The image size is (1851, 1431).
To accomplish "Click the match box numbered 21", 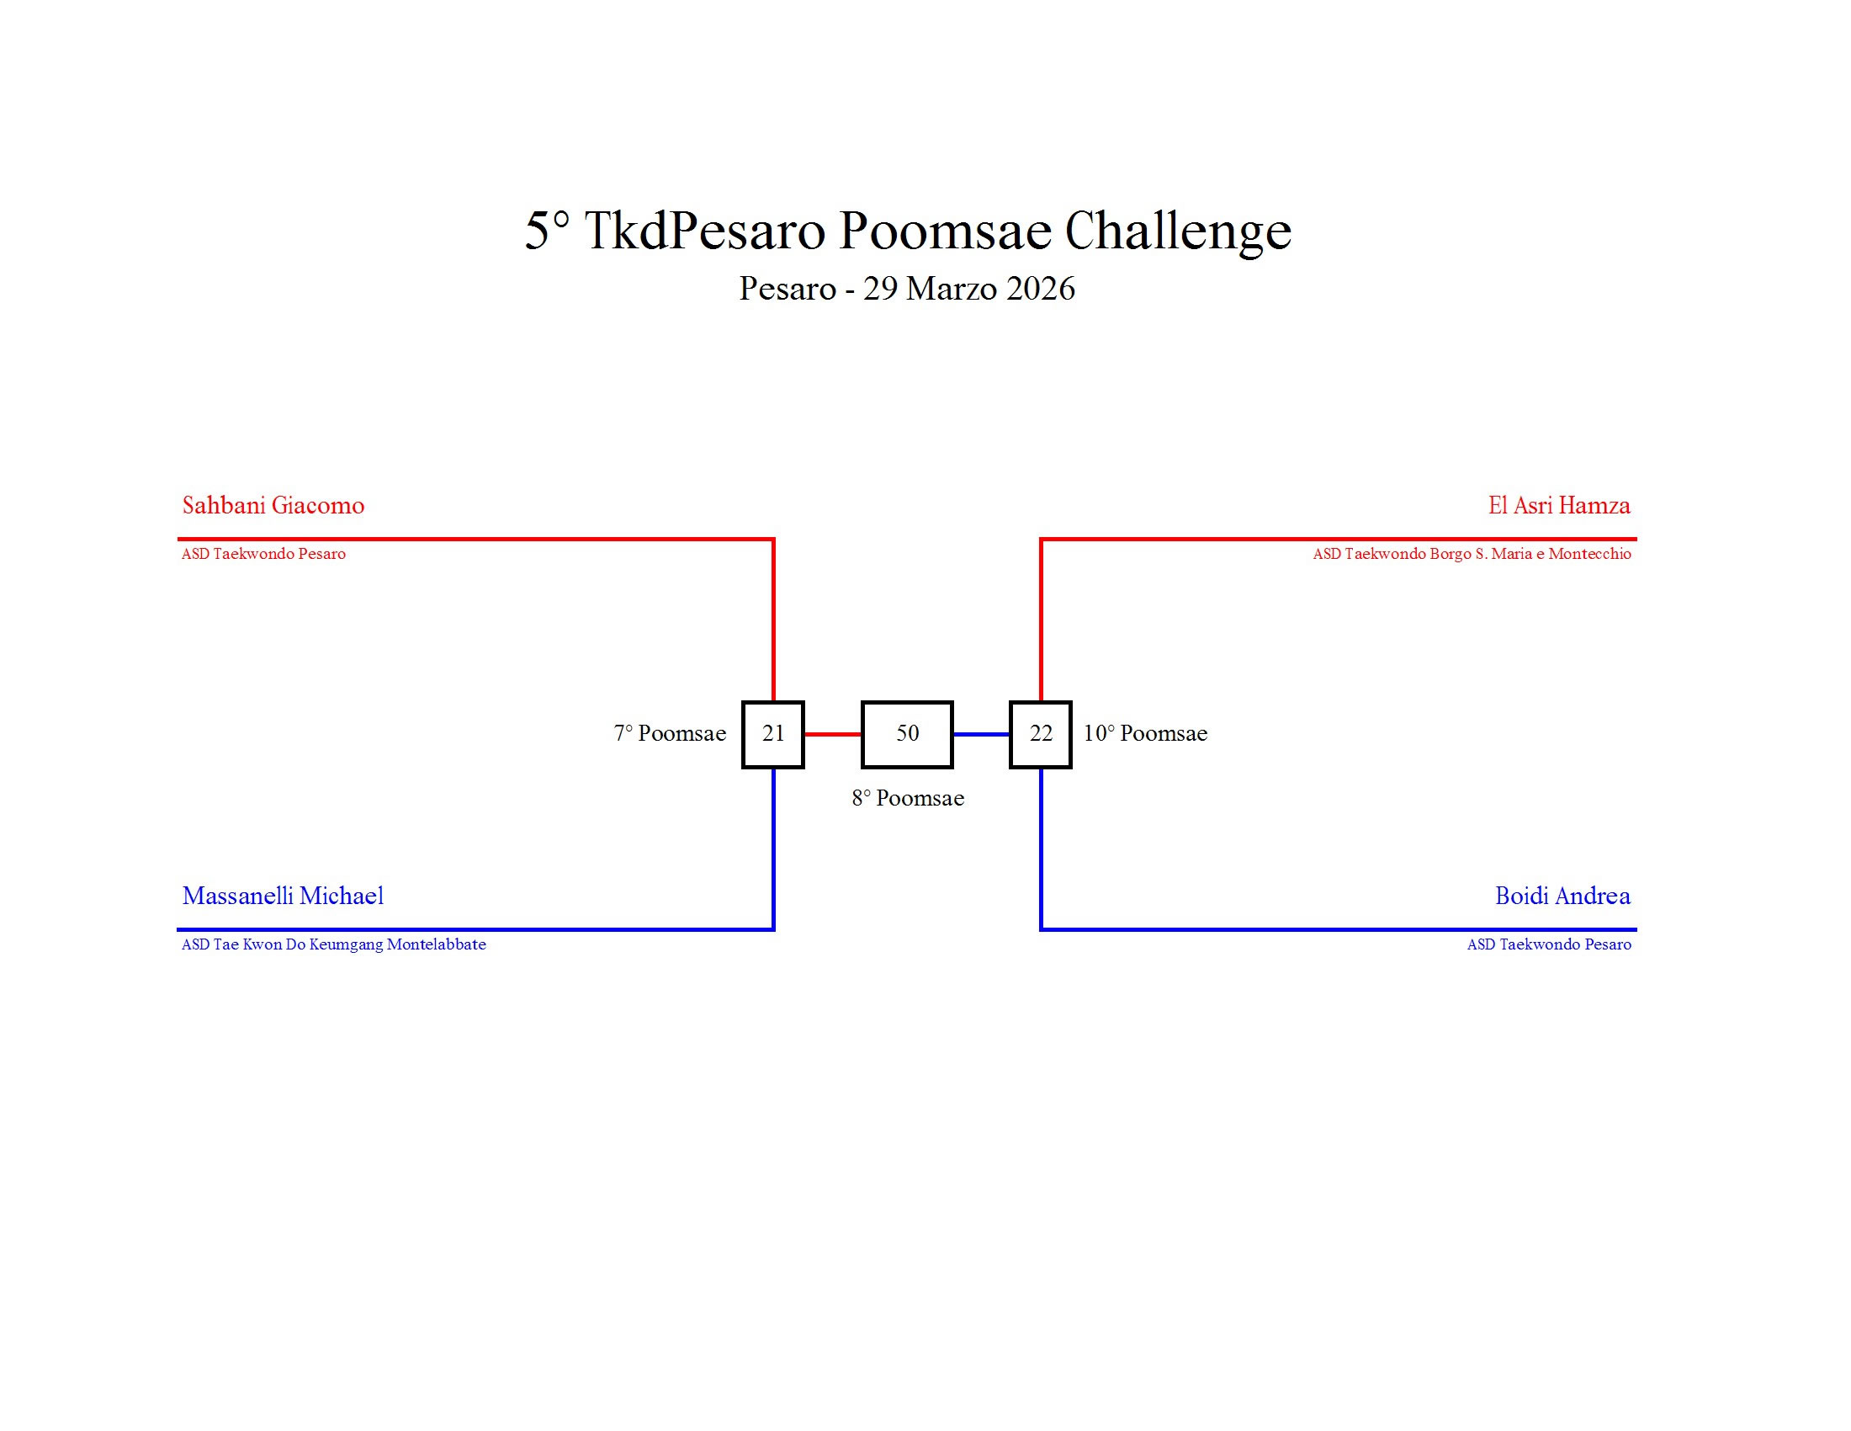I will click(x=772, y=734).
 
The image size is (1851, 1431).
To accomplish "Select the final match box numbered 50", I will click(x=907, y=734).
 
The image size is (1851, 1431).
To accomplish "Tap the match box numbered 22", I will click(x=1040, y=734).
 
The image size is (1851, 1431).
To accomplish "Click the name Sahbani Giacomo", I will click(x=273, y=506).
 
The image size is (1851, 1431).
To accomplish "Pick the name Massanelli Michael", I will click(x=283, y=896).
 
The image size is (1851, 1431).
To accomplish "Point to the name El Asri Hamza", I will click(x=1558, y=506).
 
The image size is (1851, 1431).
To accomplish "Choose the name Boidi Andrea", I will click(x=1562, y=896).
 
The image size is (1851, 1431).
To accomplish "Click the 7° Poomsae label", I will click(x=670, y=733).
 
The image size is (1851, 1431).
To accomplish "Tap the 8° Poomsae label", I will click(x=908, y=798).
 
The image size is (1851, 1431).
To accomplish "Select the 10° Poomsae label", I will click(x=1145, y=733).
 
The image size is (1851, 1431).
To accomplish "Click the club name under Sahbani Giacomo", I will click(x=263, y=554).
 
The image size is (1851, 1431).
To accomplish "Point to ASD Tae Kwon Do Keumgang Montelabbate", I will click(x=334, y=944).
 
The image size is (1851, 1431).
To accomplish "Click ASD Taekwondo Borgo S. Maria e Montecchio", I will click(x=1472, y=554).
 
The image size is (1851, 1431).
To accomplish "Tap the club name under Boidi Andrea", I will click(x=1548, y=944).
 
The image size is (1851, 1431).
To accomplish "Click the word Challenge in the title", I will click(x=1177, y=231).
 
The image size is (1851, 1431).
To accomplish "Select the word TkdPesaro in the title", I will click(x=704, y=231).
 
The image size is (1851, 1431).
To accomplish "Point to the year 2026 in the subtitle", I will click(x=1041, y=289).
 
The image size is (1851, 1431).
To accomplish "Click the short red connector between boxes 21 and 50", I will click(x=832, y=734).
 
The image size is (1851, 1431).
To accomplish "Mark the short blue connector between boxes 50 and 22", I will click(x=981, y=734).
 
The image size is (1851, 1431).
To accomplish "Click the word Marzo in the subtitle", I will click(x=951, y=289).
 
